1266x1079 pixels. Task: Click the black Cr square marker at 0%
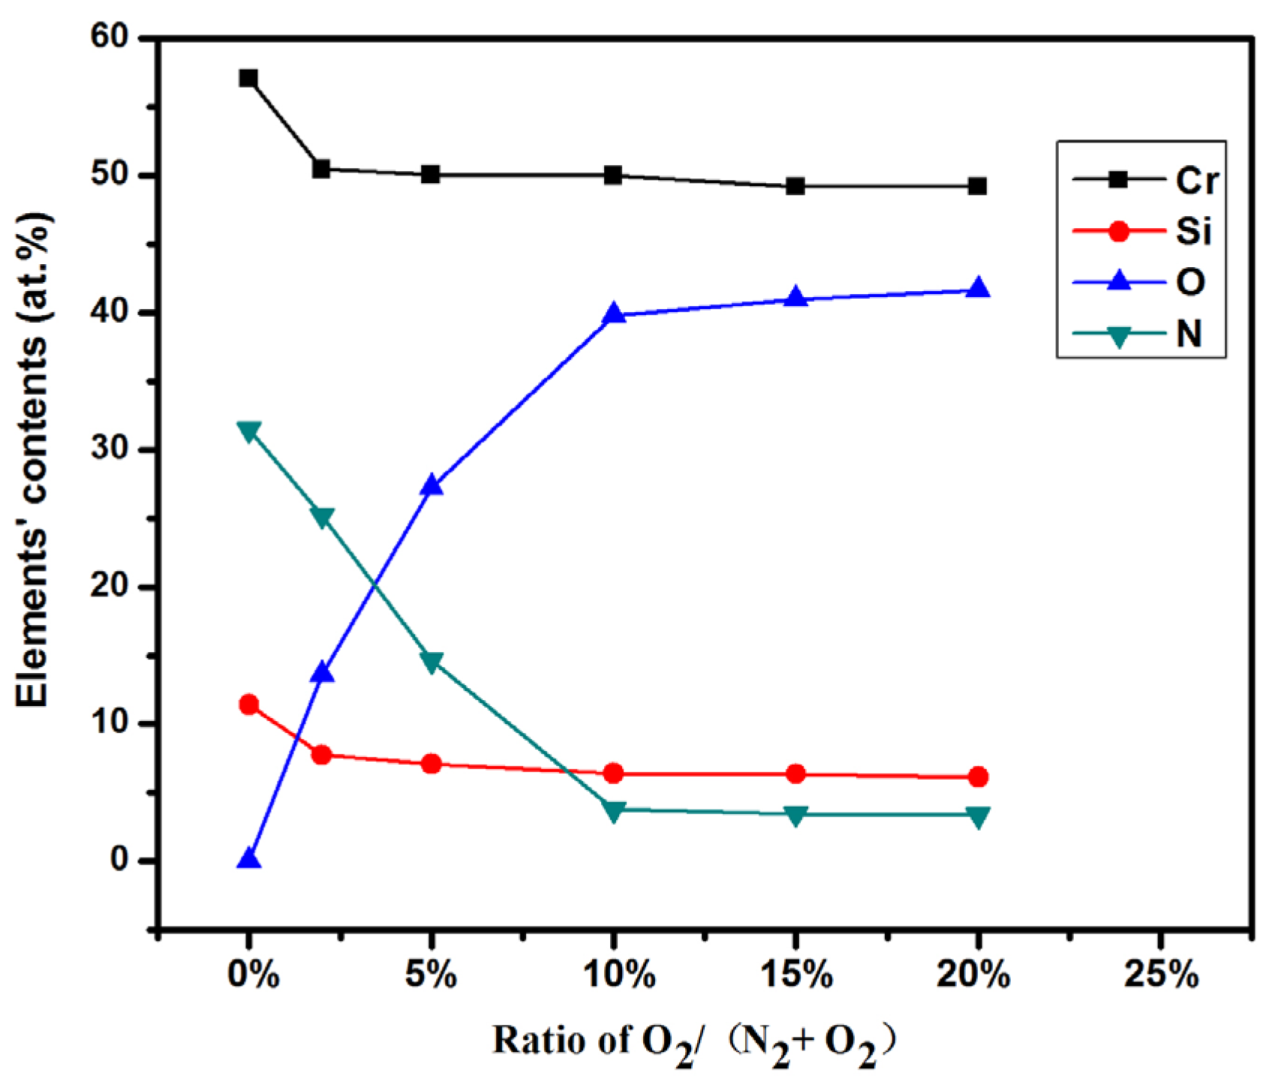[248, 78]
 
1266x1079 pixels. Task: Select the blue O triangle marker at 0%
[248, 859]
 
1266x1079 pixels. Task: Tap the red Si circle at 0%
[248, 705]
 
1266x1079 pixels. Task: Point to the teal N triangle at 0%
[248, 431]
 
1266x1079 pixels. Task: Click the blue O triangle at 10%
[614, 314]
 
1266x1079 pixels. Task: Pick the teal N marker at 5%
[432, 662]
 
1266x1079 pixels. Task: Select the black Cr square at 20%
[977, 186]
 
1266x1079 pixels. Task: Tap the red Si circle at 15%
[795, 774]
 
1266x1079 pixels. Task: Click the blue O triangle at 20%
[977, 288]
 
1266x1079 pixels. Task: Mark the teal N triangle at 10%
[614, 811]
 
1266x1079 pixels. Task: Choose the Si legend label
[1193, 231]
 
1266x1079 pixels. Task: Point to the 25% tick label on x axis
[1159, 975]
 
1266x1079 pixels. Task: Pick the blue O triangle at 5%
[432, 485]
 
